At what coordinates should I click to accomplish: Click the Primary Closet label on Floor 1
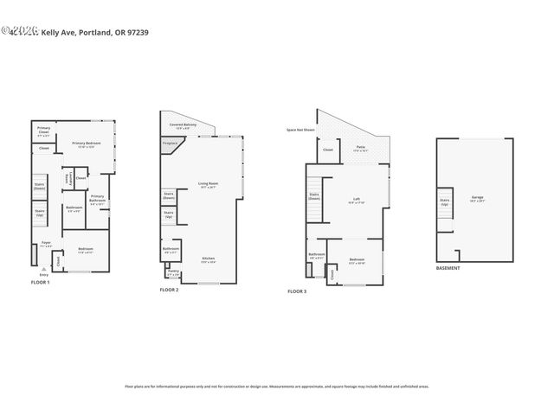pos(43,131)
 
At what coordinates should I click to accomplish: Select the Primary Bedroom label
pos(87,144)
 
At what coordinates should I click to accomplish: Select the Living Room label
pos(208,184)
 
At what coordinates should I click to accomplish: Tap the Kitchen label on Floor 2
pos(208,259)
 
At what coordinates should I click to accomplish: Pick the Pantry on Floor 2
pos(173,274)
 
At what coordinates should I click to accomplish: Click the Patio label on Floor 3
pos(360,149)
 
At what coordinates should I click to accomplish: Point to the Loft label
pos(356,201)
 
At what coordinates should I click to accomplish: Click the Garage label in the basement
pos(477,198)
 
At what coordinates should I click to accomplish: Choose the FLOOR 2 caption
pos(169,290)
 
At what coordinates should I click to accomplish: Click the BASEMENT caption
pos(448,268)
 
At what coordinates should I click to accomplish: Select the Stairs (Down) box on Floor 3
pos(314,197)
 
